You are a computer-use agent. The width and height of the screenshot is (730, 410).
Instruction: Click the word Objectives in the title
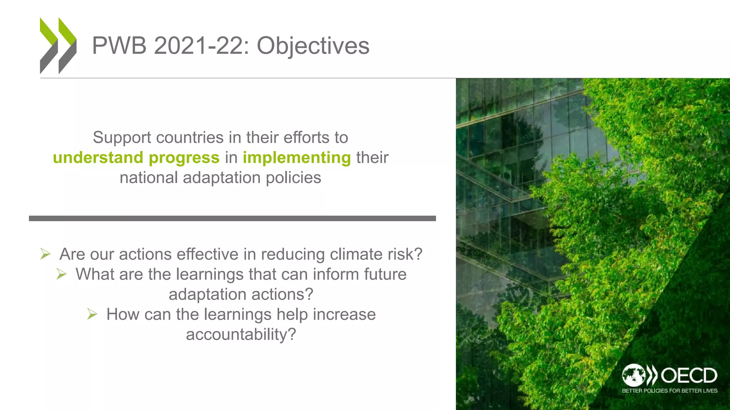tap(313, 46)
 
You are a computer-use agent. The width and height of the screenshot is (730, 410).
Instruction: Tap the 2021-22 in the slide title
tap(201, 46)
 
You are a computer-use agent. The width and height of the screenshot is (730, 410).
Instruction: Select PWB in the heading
tap(119, 46)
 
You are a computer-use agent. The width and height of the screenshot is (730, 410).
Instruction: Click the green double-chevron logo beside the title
tap(58, 46)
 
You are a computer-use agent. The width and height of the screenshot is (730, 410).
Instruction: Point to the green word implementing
tap(297, 158)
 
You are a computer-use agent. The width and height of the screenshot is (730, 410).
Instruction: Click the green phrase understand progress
tap(136, 158)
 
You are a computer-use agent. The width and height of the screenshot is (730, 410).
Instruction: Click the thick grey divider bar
tap(232, 218)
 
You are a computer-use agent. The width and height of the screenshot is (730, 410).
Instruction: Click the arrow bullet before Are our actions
tap(46, 254)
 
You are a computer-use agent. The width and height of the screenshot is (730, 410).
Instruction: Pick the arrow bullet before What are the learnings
tap(62, 274)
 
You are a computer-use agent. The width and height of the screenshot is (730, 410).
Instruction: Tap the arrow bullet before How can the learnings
tap(92, 314)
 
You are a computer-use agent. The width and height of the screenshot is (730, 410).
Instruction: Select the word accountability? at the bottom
tap(241, 335)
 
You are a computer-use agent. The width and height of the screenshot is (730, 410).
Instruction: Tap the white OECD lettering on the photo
tap(689, 375)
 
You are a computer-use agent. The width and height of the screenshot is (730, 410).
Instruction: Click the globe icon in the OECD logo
tap(633, 375)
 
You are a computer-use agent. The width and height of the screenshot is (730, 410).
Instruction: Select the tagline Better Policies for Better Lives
tap(669, 391)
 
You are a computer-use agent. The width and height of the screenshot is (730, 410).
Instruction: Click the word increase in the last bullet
tap(344, 315)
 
